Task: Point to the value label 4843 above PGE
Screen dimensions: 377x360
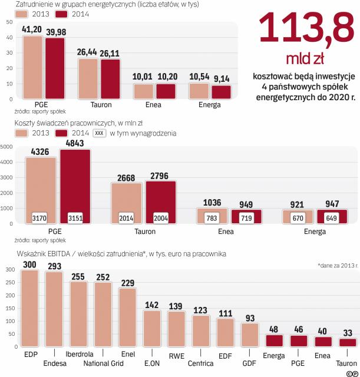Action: pos(75,143)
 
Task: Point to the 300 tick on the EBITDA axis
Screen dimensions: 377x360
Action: pos(9,269)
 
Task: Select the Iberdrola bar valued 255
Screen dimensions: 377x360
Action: pos(78,313)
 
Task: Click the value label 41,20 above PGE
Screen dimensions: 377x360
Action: pos(32,28)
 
